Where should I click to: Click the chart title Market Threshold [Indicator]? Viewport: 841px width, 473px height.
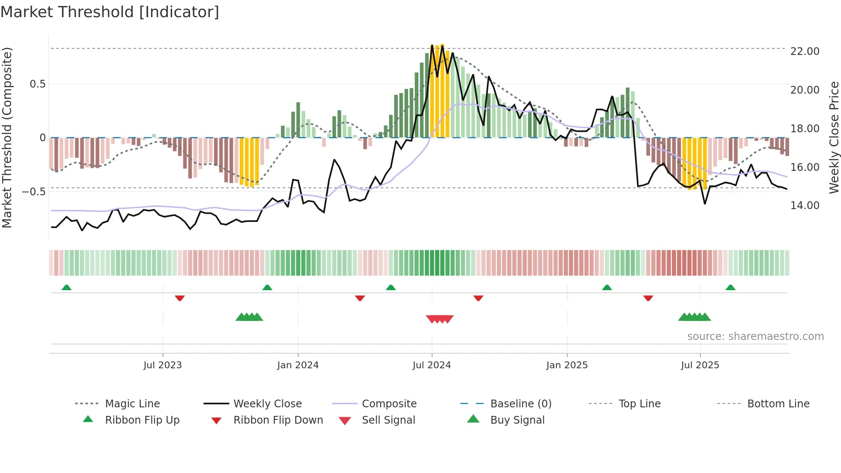[x=110, y=12]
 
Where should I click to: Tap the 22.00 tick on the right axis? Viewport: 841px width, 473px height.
[x=805, y=51]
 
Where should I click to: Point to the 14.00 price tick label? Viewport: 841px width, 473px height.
[x=805, y=205]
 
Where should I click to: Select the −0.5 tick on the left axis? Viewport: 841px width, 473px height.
[x=34, y=191]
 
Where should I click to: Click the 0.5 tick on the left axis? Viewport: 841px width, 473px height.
[x=37, y=84]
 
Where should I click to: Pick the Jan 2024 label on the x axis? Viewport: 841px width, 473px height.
[x=298, y=365]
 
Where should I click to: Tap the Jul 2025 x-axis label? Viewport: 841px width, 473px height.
[x=700, y=365]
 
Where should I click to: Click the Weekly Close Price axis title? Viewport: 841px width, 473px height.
[x=834, y=137]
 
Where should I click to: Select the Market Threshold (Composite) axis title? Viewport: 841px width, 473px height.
[x=7, y=137]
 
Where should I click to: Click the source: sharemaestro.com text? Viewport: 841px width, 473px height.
[x=755, y=336]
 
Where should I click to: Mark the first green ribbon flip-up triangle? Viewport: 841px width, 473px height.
[x=67, y=288]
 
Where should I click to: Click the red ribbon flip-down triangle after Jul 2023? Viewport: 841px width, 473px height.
[x=180, y=298]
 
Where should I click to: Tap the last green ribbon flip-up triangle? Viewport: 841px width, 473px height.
[x=730, y=288]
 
